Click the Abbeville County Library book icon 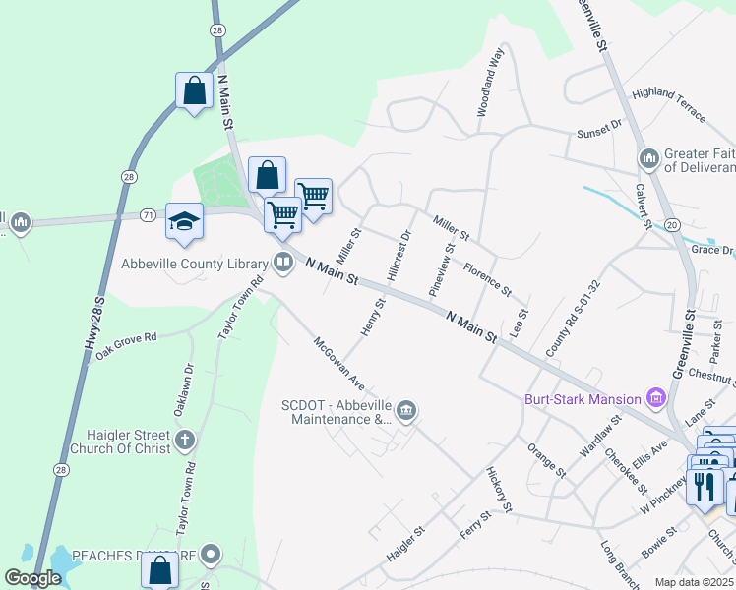(x=283, y=263)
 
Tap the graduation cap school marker (x=184, y=221)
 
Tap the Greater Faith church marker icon (x=648, y=158)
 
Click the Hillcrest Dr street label (x=399, y=258)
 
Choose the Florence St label (x=488, y=279)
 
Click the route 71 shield (x=148, y=214)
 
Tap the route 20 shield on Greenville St (x=672, y=225)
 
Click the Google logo (x=32, y=578)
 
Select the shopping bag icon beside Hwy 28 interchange (x=194, y=91)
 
